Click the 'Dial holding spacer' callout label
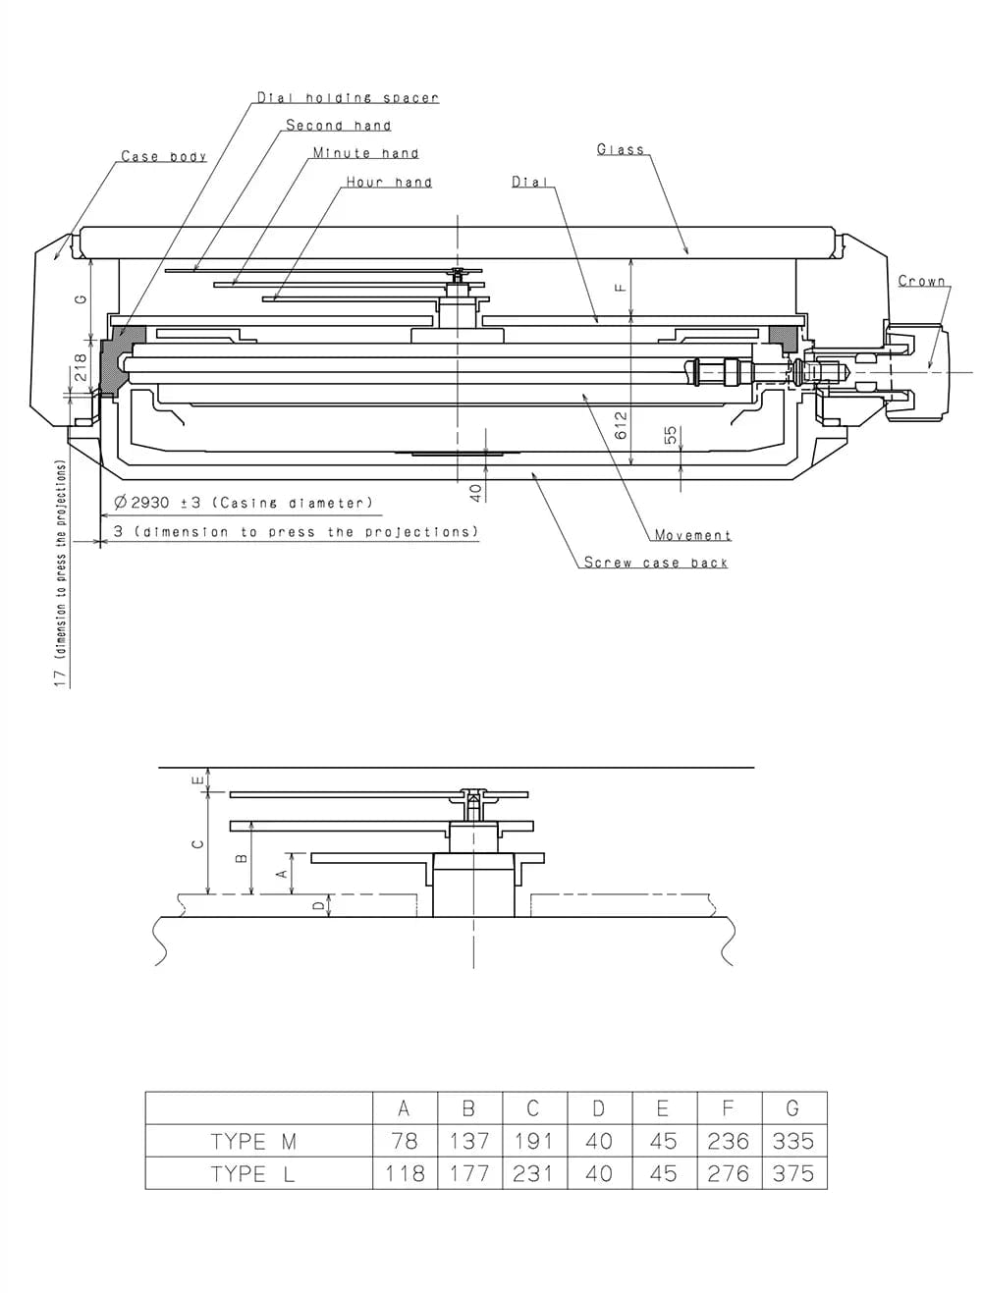click(x=348, y=98)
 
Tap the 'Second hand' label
click(x=338, y=126)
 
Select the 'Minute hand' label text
click(x=365, y=153)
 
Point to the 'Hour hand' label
click(x=388, y=183)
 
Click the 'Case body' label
click(x=163, y=157)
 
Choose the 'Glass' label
click(x=621, y=150)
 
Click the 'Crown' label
click(x=921, y=282)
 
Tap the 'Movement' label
click(x=692, y=535)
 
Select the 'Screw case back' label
click(x=655, y=563)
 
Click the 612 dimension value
click(x=621, y=425)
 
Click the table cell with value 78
click(x=404, y=1141)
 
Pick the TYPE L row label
click(x=253, y=1173)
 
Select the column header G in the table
click(x=792, y=1108)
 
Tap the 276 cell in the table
click(x=728, y=1173)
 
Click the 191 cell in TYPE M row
click(x=533, y=1141)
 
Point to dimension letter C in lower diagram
click(x=196, y=843)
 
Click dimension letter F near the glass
click(x=619, y=288)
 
